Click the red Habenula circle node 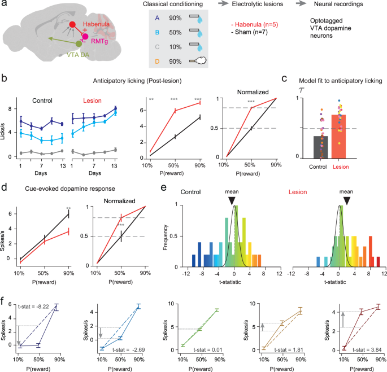point(72,25)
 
